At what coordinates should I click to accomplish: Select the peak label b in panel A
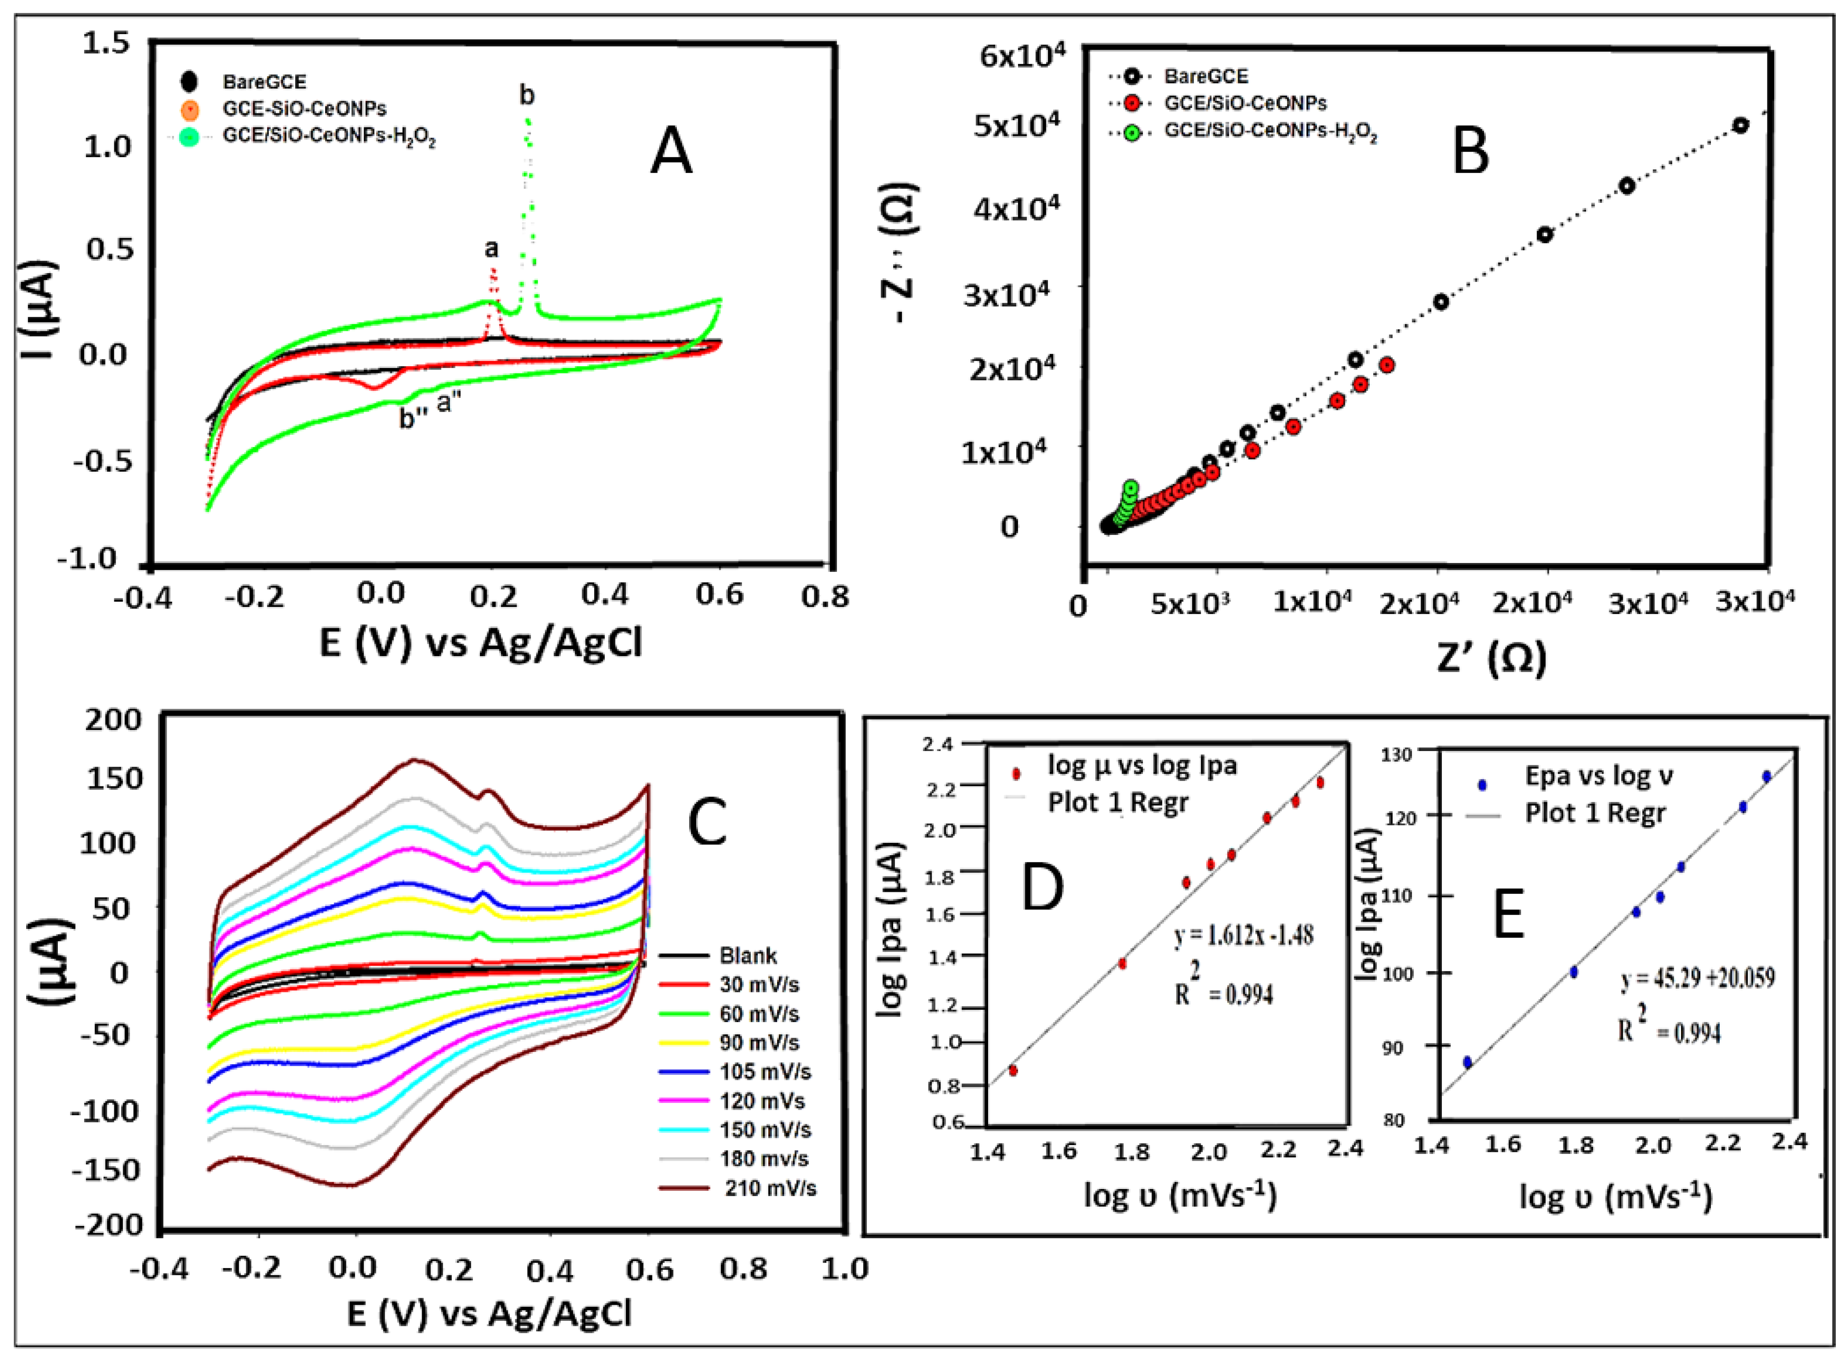[x=527, y=96]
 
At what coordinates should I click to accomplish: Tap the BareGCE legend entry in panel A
[x=264, y=82]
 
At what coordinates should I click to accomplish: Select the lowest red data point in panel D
[x=1013, y=1070]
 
